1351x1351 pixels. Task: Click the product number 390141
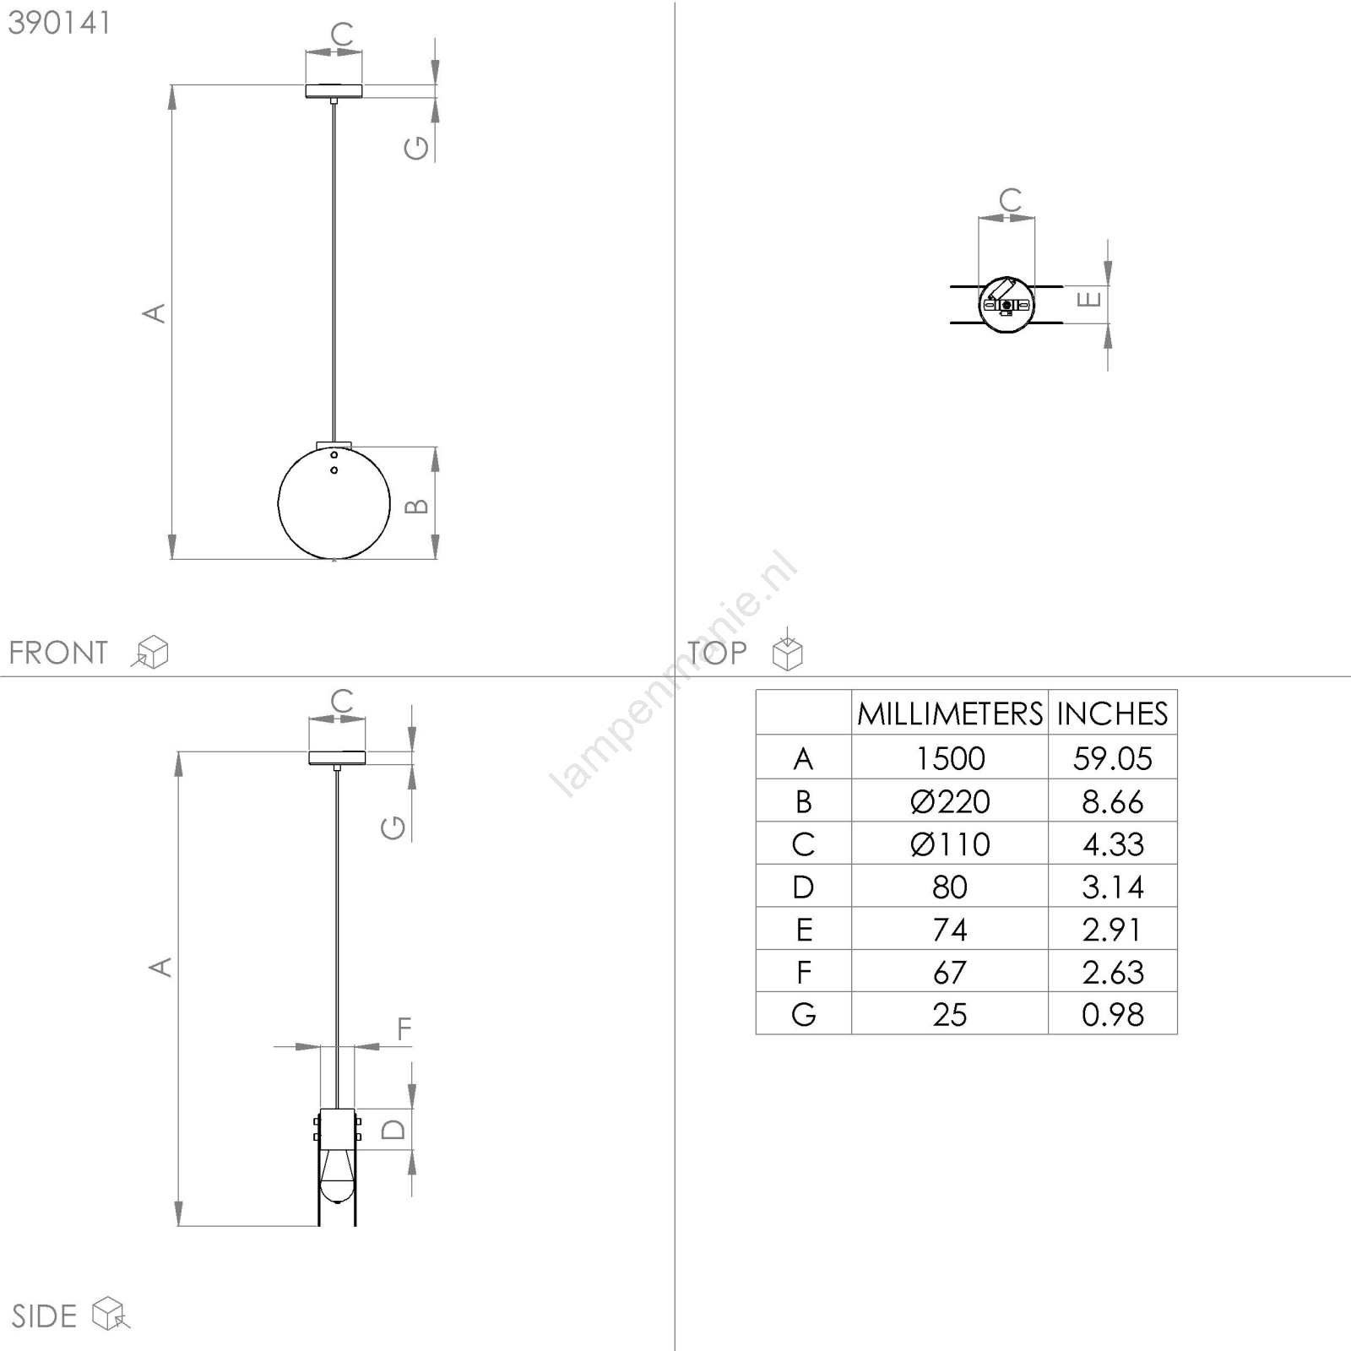59,23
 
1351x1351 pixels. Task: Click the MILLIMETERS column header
950,714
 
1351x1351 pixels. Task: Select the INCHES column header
1112,714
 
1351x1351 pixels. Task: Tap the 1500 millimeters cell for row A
950,758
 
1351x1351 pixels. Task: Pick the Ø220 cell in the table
950,801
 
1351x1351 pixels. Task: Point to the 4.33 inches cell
1113,844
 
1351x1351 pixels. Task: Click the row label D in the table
803,887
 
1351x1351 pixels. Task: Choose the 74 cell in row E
950,930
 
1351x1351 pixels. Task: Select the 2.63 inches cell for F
1113,973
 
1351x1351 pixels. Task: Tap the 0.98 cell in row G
1113,1015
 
